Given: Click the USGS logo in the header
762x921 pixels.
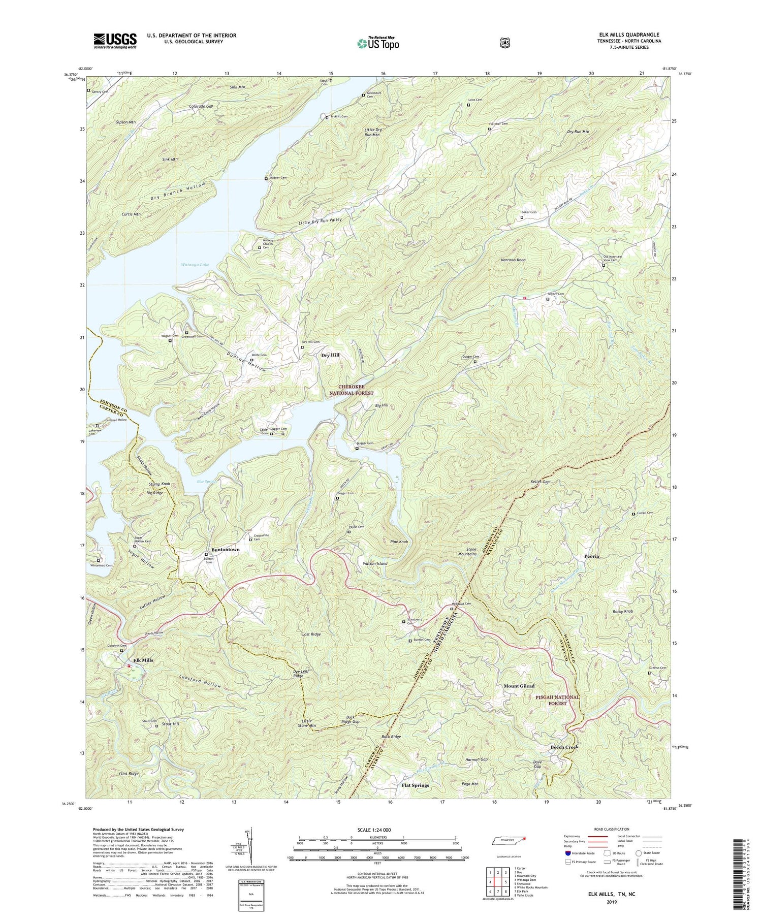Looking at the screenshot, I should pyautogui.click(x=115, y=41).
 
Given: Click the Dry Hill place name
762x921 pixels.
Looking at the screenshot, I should pyautogui.click(x=330, y=355).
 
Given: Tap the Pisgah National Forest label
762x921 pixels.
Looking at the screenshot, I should pyautogui.click(x=557, y=701).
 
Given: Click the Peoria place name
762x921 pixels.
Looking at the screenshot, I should pyautogui.click(x=590, y=556).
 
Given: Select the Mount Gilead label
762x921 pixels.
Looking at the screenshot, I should pyautogui.click(x=519, y=686).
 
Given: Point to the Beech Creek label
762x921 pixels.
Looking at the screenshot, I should pyautogui.click(x=564, y=747).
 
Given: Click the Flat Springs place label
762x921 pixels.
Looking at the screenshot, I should pyautogui.click(x=415, y=785).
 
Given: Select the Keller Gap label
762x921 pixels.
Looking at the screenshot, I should pyautogui.click(x=538, y=482).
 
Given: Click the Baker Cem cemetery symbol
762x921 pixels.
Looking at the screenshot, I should pyautogui.click(x=522, y=217).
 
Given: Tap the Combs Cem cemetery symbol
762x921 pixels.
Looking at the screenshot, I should pyautogui.click(x=633, y=514).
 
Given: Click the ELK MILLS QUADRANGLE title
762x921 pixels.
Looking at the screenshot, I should pyautogui.click(x=631, y=35).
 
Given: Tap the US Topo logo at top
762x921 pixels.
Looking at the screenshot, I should pyautogui.click(x=378, y=43).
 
